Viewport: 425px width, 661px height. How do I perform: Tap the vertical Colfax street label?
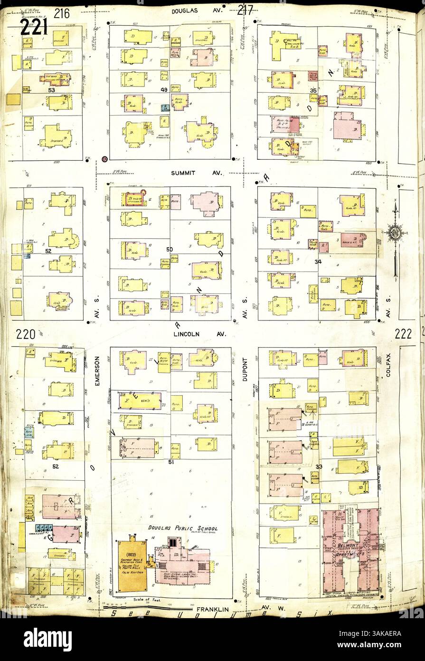coord(388,368)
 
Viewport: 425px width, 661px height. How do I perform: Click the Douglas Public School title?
coord(182,528)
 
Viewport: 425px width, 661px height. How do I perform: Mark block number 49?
coord(164,89)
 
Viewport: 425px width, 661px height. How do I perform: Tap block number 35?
coord(312,89)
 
